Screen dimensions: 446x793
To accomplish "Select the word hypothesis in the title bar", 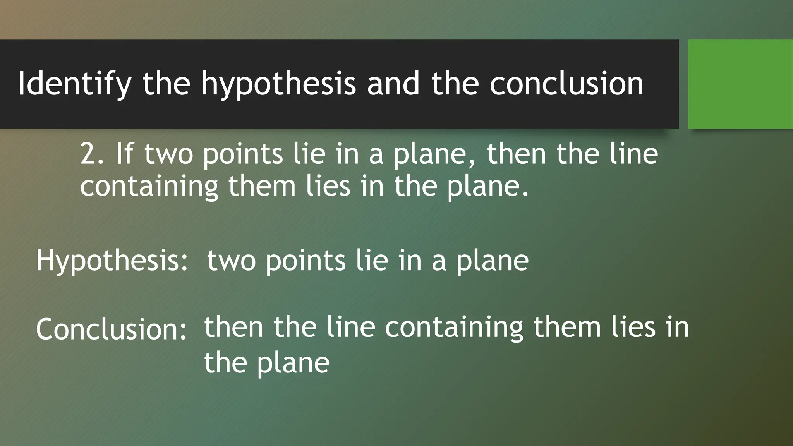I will (x=278, y=84).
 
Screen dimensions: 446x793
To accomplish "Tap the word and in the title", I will (x=393, y=84).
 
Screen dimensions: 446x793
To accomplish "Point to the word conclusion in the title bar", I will (x=566, y=84).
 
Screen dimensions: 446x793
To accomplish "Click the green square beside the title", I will (x=740, y=84).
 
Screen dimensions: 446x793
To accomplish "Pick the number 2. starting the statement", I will (x=92, y=154).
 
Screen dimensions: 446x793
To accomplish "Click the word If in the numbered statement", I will (x=124, y=154).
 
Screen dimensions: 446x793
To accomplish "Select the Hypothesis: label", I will (x=112, y=261).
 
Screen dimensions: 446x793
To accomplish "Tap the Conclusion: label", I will (x=112, y=329).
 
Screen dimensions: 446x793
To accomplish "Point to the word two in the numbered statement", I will (x=168, y=154).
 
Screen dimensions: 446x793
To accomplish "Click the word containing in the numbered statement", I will (x=149, y=186).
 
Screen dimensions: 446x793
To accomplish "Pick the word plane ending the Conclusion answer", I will (x=293, y=363).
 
